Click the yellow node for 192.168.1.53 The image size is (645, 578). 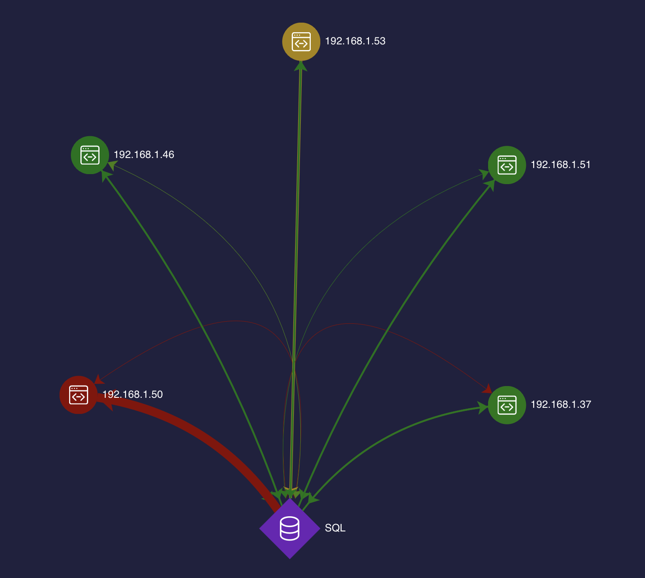301,41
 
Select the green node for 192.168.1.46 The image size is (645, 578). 90,155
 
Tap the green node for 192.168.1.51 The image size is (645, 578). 507,165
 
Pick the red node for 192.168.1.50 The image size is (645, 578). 78,395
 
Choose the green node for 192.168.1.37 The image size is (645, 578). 507,405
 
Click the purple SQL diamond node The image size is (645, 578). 290,528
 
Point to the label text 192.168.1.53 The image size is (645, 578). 355,41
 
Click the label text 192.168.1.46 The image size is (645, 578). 144,155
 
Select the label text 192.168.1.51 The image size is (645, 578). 561,165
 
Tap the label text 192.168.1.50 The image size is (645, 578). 133,394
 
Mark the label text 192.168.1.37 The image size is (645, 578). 561,404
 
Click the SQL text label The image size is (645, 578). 335,528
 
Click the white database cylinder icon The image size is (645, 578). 289,528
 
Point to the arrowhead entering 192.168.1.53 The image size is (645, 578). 300,66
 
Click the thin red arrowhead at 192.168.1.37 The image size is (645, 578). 487,389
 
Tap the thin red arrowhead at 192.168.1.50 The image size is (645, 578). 99,379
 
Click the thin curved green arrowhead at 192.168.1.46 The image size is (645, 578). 113,165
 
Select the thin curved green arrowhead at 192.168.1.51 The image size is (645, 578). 484,175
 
